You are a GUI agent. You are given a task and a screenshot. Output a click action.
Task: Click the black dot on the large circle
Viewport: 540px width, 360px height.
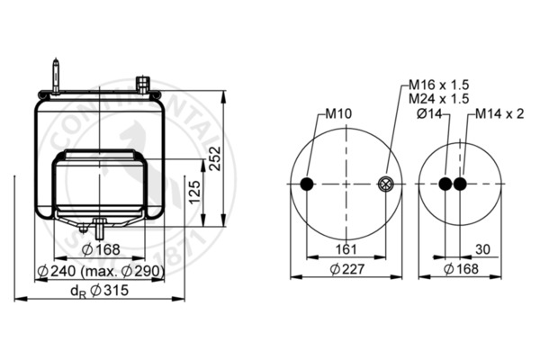pos(308,184)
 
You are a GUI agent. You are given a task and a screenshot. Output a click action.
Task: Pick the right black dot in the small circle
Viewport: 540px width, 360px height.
pos(461,184)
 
